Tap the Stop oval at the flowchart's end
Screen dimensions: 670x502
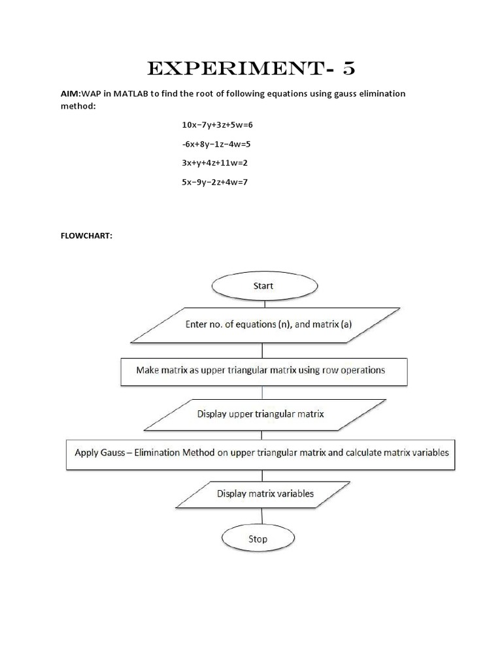pyautogui.click(x=258, y=539)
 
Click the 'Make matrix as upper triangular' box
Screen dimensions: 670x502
pyautogui.click(x=260, y=370)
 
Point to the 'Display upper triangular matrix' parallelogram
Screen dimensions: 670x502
pyautogui.click(x=261, y=414)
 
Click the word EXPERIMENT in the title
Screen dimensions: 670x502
pyautogui.click(x=226, y=69)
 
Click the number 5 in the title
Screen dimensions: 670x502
pyautogui.click(x=344, y=69)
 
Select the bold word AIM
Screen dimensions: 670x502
pyautogui.click(x=69, y=94)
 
